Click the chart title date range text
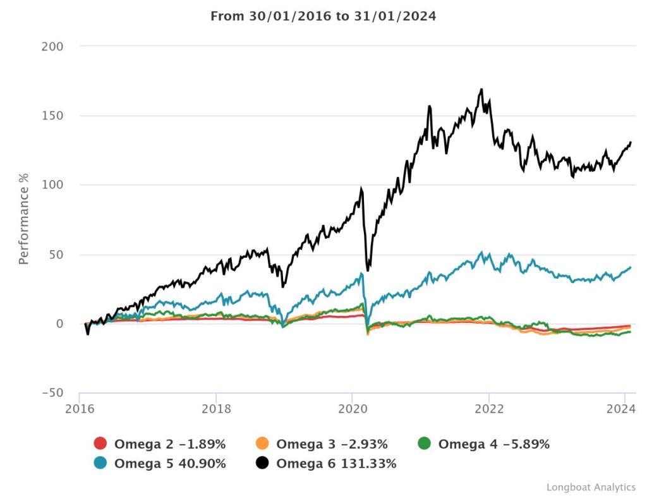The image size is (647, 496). click(323, 16)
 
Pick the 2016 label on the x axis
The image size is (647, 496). click(80, 408)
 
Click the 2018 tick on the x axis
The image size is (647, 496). click(216, 408)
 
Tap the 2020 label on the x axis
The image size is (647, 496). click(352, 408)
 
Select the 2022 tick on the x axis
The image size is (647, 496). click(488, 408)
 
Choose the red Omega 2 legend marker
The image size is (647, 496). click(100, 444)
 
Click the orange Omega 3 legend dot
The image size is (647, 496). click(262, 444)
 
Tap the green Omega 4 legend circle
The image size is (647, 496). click(424, 444)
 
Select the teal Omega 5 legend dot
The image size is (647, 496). click(100, 463)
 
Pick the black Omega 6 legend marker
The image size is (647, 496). click(262, 463)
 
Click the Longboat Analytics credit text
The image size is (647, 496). click(591, 487)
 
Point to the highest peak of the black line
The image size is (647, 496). click(481, 89)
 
